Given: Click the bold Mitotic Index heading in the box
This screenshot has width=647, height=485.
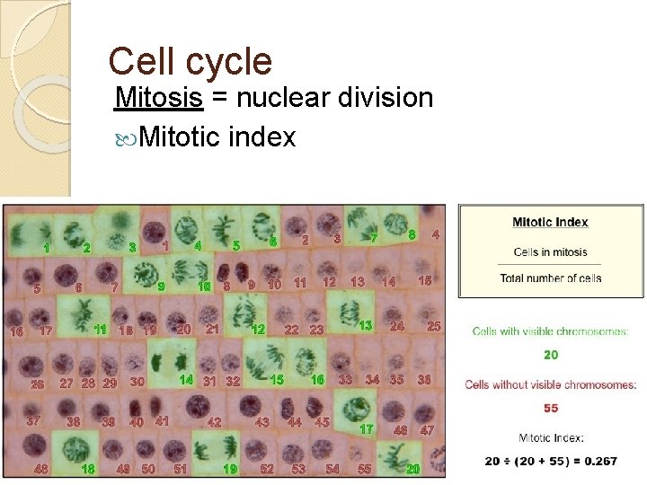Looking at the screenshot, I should pos(550,222).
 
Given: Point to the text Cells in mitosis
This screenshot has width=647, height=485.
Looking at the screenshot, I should pos(550,251).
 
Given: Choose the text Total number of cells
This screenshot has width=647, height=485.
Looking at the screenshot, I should pos(550,278).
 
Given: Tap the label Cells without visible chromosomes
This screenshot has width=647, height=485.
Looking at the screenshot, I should pos(550,384).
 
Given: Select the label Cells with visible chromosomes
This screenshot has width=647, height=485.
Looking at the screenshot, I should pos(550,331).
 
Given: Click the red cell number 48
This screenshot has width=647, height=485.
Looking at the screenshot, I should pos(41,469).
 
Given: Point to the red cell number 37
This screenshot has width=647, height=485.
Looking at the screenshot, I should pos(34,420).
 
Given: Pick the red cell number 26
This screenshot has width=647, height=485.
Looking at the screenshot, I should pos(38,384).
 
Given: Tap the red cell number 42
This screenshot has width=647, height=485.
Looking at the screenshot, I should pos(215,421).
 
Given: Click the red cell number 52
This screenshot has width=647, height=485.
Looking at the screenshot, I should pos(267,469).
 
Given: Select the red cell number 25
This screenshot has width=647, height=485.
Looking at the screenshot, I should pos(433,326).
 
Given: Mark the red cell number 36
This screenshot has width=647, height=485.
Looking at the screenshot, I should pos(425,380).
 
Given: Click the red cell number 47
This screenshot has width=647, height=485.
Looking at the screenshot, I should pos(428,430).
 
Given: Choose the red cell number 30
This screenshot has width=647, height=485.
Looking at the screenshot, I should pos(137,382).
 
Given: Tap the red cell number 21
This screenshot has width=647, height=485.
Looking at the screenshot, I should pos(213,329).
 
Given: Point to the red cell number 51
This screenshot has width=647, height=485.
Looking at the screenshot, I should pos(181,469).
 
